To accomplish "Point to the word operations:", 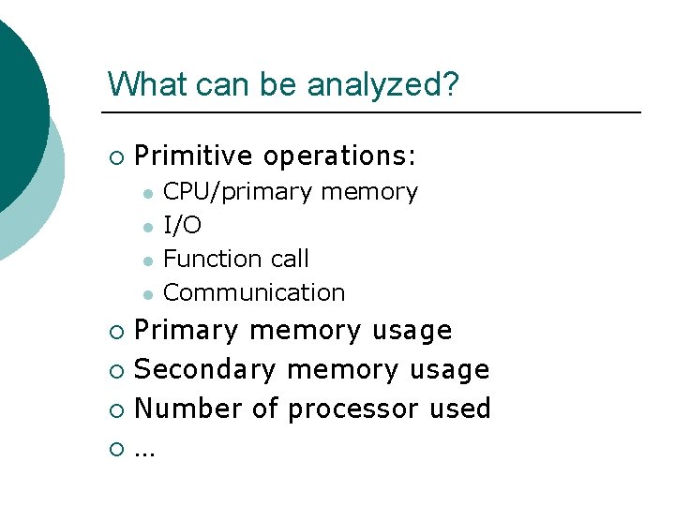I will point(340,156).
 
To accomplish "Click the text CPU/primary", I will point(238,192).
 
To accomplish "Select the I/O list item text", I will point(182,225).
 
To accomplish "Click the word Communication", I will point(254,292).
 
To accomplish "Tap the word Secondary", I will point(205,370).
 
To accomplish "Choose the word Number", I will point(184,409).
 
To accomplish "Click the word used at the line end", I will point(460,409).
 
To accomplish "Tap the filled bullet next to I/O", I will point(146,227).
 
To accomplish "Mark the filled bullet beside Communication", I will point(146,294).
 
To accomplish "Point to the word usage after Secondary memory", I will point(449,370).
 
